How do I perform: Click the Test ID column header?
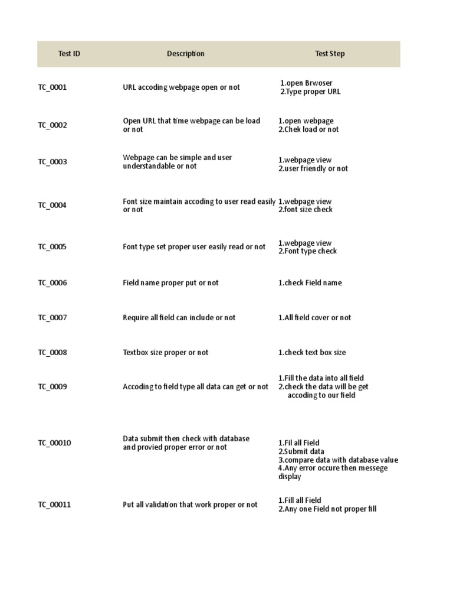pos(69,54)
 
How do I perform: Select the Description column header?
pos(185,54)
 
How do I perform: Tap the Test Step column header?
pos(330,54)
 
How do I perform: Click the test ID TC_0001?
pos(52,87)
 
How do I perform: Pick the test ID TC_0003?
pos(52,162)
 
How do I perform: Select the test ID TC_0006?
pos(52,283)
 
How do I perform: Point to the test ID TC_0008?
pos(52,353)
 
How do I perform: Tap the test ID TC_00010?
pos(54,443)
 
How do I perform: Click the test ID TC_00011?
pos(54,505)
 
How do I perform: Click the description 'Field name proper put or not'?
pos(170,283)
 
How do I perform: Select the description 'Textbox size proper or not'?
pos(165,353)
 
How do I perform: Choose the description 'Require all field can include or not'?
pos(179,318)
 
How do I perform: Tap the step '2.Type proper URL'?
pos(310,92)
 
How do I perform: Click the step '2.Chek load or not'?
pos(308,130)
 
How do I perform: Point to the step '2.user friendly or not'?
pos(313,169)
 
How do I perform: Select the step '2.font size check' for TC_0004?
pos(306,210)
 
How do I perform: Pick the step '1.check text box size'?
pos(312,353)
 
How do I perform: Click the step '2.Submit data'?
pos(301,452)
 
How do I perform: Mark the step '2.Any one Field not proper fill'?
pos(327,509)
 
